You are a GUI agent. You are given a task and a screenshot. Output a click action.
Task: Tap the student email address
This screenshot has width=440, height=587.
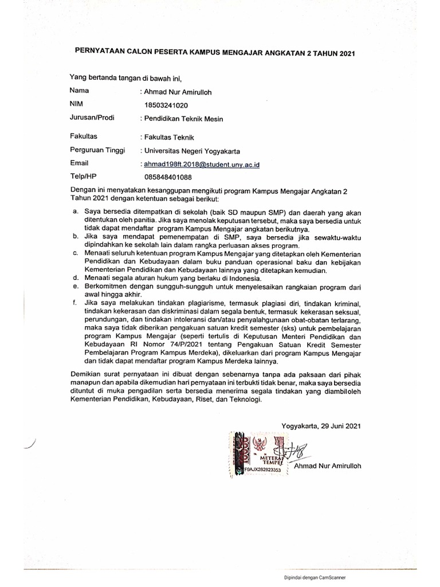(x=202, y=165)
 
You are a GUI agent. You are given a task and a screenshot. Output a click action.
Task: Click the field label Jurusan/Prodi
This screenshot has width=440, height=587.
(x=92, y=118)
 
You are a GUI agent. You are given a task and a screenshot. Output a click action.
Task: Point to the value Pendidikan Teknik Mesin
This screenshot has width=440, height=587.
(x=183, y=119)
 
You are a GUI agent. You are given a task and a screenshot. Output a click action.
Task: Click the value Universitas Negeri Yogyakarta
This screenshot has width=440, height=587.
(x=192, y=151)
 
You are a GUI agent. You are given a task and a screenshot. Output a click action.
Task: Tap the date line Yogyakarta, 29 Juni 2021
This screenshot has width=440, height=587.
(x=321, y=426)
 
